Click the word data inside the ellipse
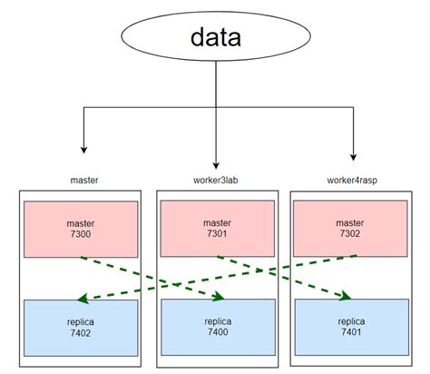pyautogui.click(x=216, y=38)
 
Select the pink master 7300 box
pyautogui.click(x=81, y=228)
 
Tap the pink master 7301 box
pyautogui.click(x=218, y=228)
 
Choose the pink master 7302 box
pyautogui.click(x=349, y=228)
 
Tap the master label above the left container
pyautogui.click(x=83, y=181)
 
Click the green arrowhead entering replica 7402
pyautogui.click(x=82, y=296)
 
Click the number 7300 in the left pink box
pyautogui.click(x=81, y=234)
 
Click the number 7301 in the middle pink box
pyautogui.click(x=218, y=234)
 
